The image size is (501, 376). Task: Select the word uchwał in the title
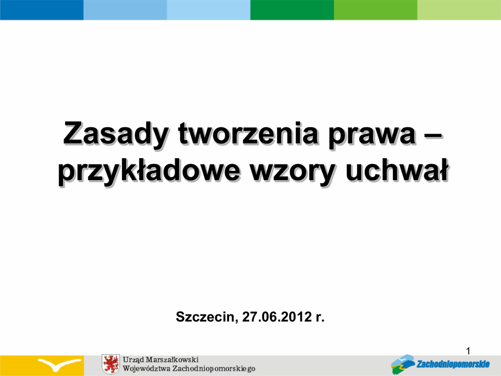[397, 170]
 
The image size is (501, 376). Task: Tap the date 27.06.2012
[277, 317]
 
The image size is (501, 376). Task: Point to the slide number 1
[468, 351]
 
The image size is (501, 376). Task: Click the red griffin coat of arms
[111, 364]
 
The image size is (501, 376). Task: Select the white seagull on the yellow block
[59, 364]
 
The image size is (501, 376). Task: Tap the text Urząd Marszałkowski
[160, 360]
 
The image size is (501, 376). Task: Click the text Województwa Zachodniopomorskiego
[189, 369]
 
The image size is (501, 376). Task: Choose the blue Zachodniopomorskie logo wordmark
[453, 364]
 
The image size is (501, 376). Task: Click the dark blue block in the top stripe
[42, 10]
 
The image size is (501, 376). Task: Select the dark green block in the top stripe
[292, 10]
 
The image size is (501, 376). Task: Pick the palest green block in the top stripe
[459, 10]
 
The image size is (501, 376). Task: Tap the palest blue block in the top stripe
[208, 10]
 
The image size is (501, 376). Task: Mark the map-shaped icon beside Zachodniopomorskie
[403, 364]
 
